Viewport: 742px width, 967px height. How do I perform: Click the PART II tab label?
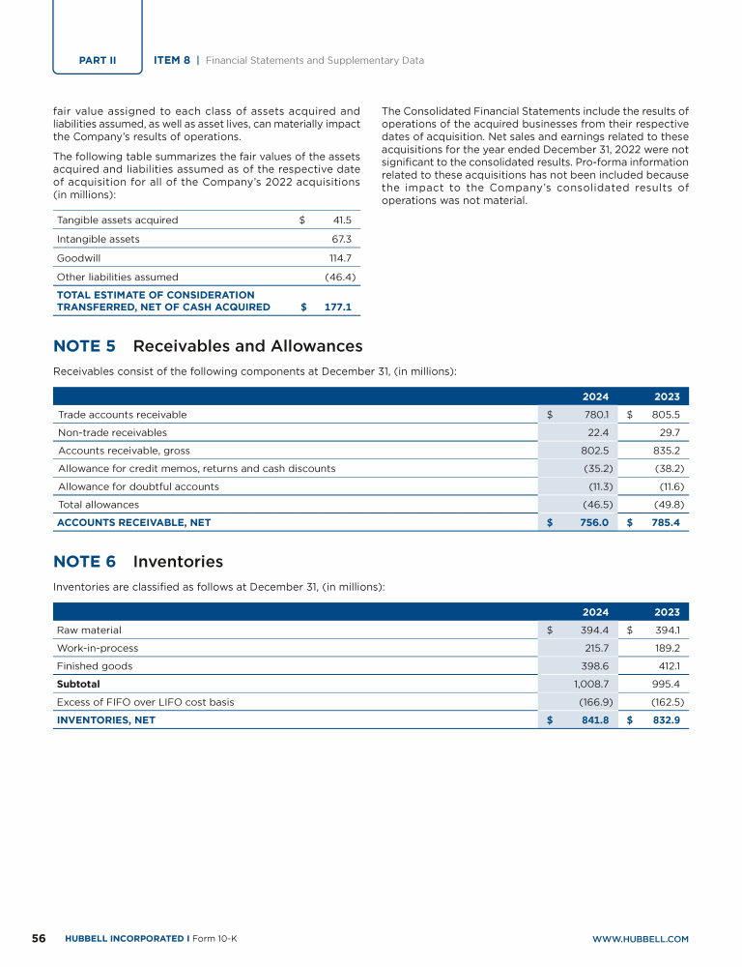[98, 60]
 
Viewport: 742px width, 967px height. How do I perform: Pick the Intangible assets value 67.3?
[341, 239]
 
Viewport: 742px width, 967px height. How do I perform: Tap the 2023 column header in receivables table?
[667, 396]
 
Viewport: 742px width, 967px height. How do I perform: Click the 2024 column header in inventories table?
[595, 612]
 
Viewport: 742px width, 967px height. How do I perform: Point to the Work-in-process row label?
[98, 648]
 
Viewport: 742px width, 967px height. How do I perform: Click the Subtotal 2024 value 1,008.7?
[589, 684]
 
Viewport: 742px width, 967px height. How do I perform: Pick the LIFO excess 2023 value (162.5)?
[667, 702]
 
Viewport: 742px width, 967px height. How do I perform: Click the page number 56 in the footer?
[39, 939]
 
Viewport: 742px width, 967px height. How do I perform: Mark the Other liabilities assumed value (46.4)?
[341, 277]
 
